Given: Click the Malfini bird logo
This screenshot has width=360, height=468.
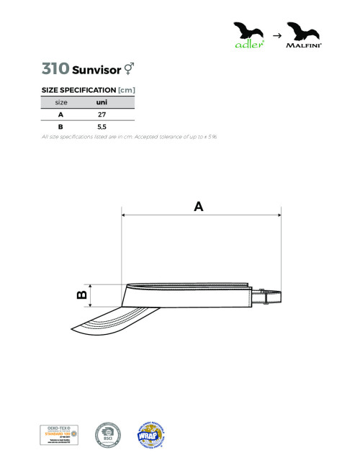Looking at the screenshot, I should [x=303, y=33].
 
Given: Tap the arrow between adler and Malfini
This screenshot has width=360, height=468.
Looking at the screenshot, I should [x=275, y=35].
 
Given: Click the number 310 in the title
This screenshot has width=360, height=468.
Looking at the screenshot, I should [x=55, y=69].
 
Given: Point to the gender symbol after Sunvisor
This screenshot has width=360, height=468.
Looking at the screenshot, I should [x=129, y=69].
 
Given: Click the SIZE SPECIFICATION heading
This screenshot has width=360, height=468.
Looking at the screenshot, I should [x=89, y=89].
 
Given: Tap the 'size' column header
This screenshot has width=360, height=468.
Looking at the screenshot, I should [x=61, y=102].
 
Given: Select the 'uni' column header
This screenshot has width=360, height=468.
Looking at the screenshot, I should [x=102, y=102].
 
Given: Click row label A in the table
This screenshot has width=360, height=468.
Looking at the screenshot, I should [x=60, y=114].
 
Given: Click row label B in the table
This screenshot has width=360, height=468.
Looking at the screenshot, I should [x=60, y=127].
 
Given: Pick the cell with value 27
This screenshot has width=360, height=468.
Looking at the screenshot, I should [x=102, y=114].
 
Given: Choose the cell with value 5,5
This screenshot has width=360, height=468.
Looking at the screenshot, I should [x=102, y=127].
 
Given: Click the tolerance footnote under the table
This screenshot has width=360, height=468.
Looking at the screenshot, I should [x=129, y=136].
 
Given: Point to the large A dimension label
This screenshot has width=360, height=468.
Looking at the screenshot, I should [x=199, y=206].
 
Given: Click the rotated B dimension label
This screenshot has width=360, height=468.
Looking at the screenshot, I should [x=82, y=294].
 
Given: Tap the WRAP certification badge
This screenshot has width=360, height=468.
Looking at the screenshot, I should [x=152, y=434].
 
